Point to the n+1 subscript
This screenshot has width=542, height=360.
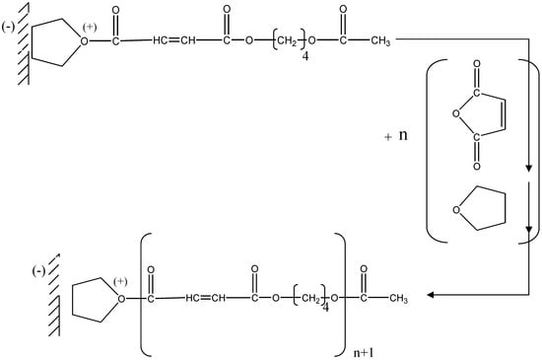(x=369, y=347)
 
